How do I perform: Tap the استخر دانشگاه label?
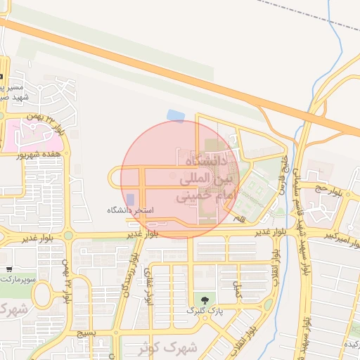tap(130, 210)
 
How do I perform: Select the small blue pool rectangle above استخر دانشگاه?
tap(130, 200)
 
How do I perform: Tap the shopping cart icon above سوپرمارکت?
tap(8, 269)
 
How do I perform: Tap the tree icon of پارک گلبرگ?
tap(205, 300)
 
